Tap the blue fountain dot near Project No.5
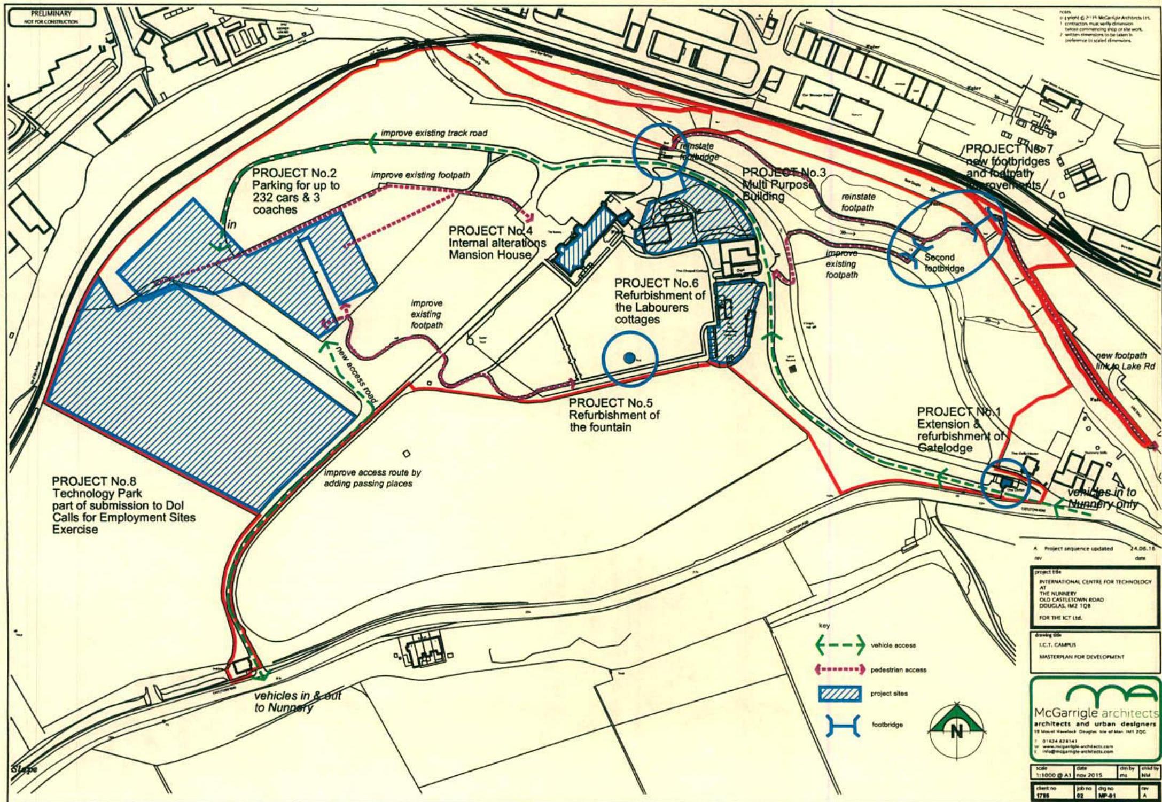pyautogui.click(x=629, y=357)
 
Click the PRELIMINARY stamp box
pyautogui.click(x=51, y=17)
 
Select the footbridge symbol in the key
pyautogui.click(x=843, y=725)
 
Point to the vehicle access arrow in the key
pyautogui.click(x=839, y=645)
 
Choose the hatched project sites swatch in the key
pyautogui.click(x=840, y=694)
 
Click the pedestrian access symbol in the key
pyautogui.click(x=839, y=669)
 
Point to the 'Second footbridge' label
pyautogui.click(x=944, y=263)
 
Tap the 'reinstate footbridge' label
pyautogui.click(x=699, y=151)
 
